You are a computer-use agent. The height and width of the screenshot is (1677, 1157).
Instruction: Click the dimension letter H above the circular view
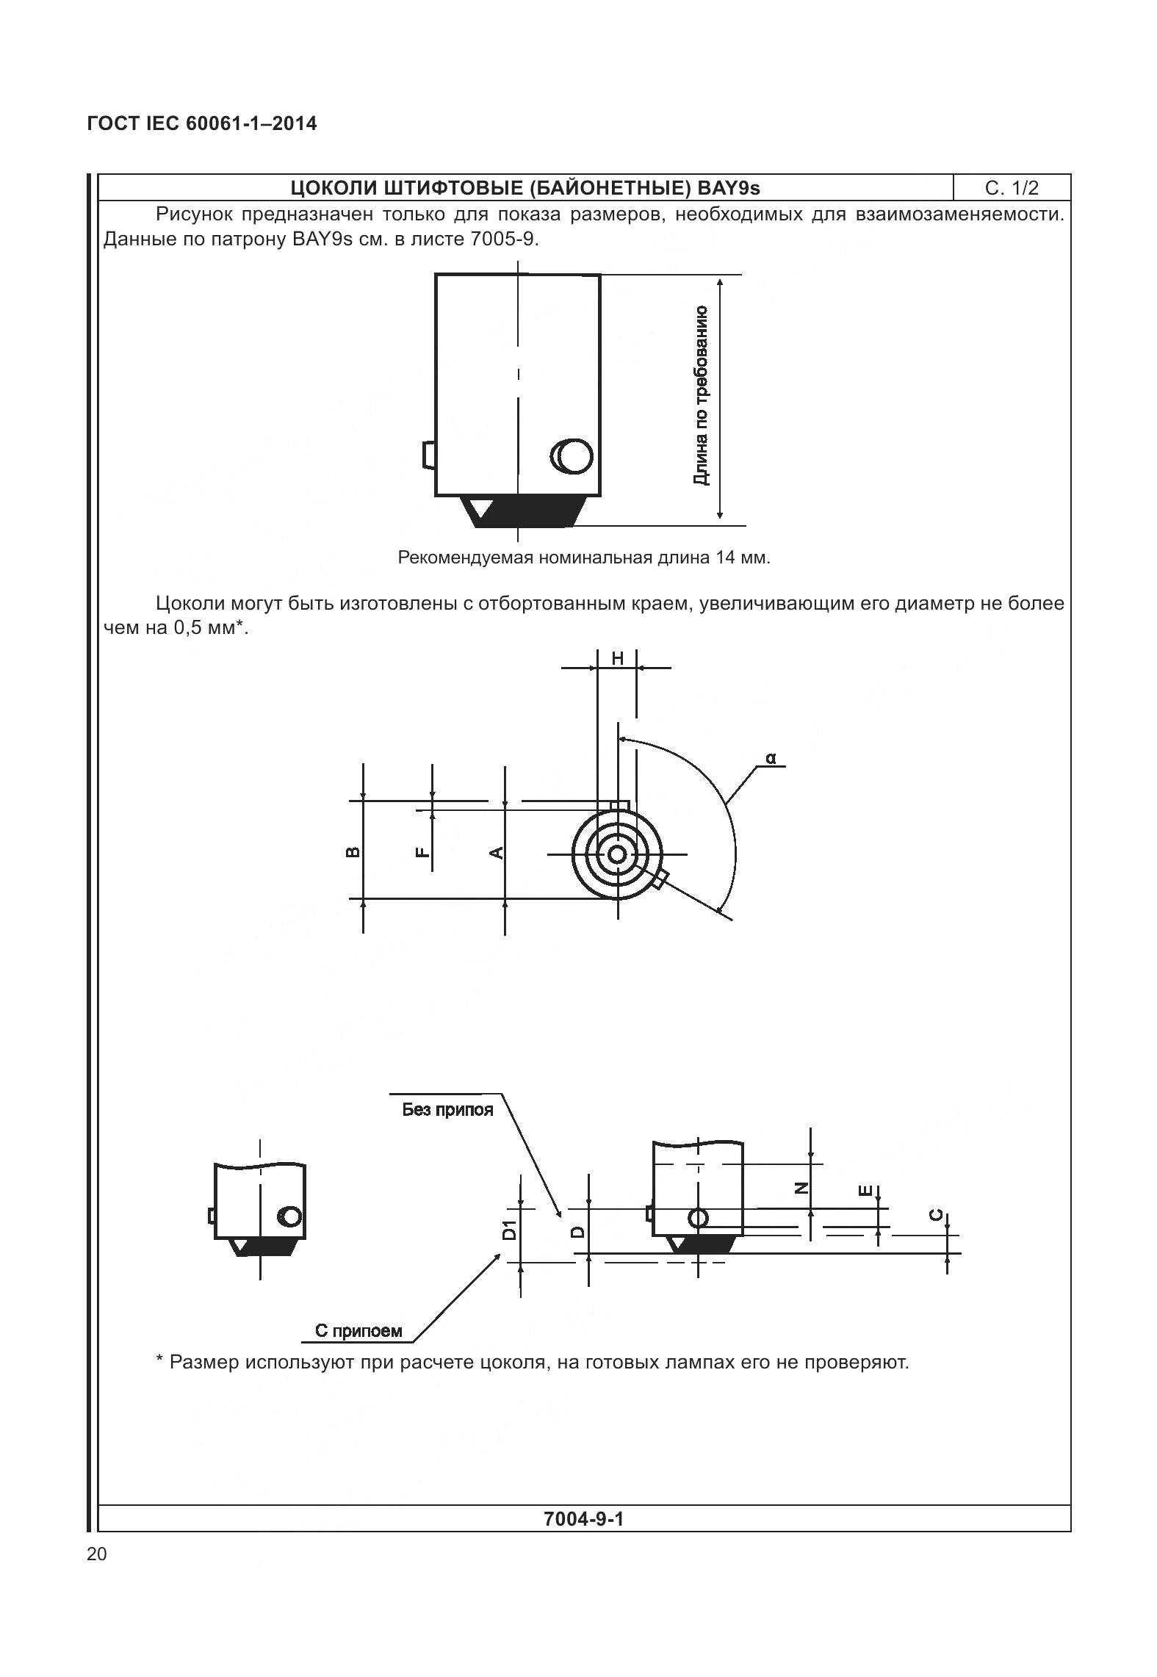[617, 658]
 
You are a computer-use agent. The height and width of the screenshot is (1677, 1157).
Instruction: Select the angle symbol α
[771, 757]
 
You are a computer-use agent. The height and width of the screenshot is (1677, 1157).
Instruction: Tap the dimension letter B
[353, 852]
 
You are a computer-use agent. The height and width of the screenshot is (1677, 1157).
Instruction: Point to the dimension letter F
[422, 852]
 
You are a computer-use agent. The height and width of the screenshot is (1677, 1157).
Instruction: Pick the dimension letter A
[497, 852]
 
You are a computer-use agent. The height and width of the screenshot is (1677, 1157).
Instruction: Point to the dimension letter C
[937, 1215]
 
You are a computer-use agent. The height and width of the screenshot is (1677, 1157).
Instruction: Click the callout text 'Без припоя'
[447, 1110]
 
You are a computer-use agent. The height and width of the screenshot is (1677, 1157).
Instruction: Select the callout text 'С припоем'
[358, 1330]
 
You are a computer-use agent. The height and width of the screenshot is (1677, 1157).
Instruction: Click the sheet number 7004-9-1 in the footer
[583, 1518]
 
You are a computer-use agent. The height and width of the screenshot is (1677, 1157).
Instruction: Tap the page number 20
[96, 1554]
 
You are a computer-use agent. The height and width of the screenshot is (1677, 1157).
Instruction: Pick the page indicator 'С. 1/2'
[1012, 188]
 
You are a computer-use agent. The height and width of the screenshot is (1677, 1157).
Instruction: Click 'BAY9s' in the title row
[729, 188]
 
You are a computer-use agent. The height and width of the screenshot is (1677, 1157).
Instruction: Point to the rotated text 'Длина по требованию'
[702, 395]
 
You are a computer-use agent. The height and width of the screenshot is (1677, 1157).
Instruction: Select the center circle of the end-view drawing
[617, 854]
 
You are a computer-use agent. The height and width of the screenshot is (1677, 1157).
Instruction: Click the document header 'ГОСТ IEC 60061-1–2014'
[202, 123]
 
